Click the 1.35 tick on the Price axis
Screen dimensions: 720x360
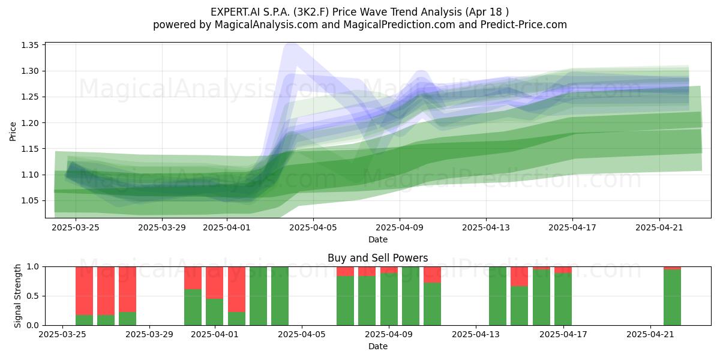coord(30,45)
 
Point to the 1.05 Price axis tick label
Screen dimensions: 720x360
coord(30,201)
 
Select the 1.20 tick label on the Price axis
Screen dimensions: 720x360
coord(30,123)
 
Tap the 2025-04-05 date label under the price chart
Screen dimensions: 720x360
coord(313,227)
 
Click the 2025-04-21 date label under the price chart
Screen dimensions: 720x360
coord(659,227)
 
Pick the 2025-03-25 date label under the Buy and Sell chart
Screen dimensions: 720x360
coord(62,335)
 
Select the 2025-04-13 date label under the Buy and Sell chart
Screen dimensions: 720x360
coord(476,335)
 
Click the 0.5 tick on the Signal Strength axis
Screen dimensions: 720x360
coord(33,296)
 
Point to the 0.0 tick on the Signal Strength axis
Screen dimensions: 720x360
coord(33,325)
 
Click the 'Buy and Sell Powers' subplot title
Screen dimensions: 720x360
coord(377,258)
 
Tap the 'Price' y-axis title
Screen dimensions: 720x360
coord(13,131)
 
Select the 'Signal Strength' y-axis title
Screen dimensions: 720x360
coord(17,296)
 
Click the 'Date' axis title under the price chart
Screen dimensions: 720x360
coord(378,239)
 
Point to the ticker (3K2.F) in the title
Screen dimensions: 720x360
coord(310,12)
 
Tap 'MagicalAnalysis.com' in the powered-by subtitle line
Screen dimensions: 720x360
coord(266,25)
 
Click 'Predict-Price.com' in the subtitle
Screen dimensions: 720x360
coord(524,25)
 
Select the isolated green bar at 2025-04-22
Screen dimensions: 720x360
coord(673,298)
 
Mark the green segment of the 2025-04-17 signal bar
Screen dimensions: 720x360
coord(563,299)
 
